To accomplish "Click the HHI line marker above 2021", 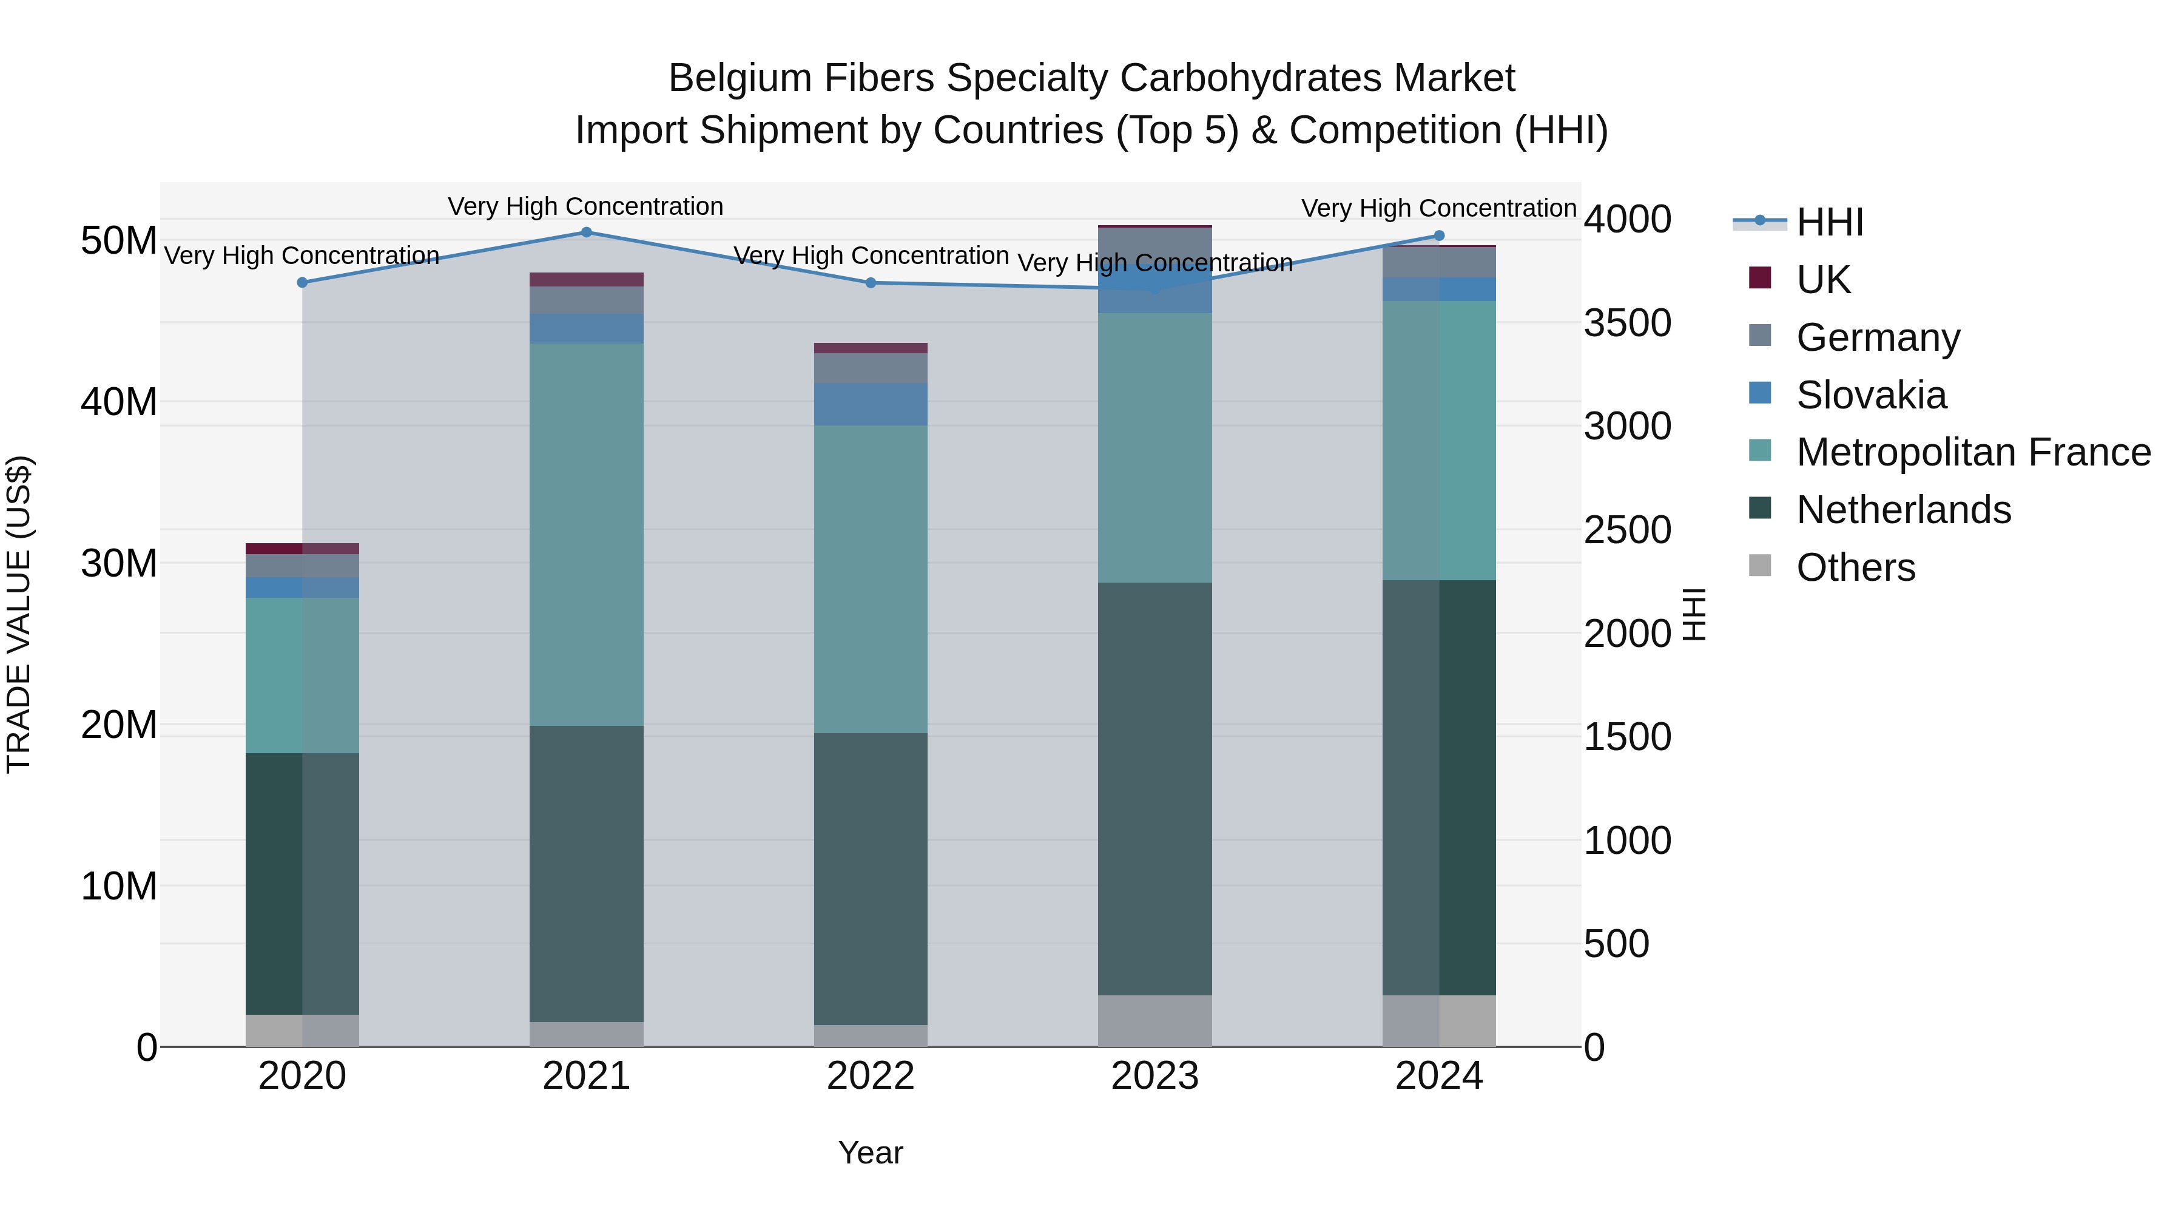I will click(586, 232).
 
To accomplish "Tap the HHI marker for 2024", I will click(1439, 236).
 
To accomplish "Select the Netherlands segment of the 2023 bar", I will click(1154, 789).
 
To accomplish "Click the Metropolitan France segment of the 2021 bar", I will click(586, 534).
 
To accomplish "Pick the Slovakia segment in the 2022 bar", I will click(871, 404).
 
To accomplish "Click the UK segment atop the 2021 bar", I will click(586, 280).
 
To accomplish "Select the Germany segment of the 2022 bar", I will click(871, 368).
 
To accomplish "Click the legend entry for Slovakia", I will click(1871, 395).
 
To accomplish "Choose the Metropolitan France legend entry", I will click(1973, 452).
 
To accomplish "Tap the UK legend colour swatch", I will click(1760, 278).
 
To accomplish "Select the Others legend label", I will click(1856, 567).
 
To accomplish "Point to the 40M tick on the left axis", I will click(119, 402).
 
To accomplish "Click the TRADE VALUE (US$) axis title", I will click(19, 614).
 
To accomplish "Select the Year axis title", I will click(871, 1153).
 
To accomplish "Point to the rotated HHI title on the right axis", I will click(1694, 614).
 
